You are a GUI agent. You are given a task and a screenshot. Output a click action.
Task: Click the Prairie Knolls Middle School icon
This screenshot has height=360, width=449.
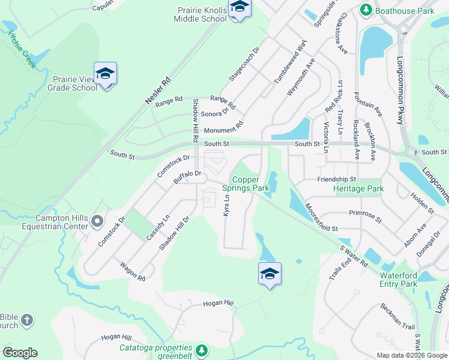(x=240, y=8)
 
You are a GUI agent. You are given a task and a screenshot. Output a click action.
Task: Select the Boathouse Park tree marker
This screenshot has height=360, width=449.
(x=365, y=10)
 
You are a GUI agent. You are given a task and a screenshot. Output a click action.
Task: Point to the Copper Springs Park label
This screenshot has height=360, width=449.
(x=251, y=184)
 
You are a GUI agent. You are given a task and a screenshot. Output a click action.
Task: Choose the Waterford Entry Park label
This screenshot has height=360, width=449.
(x=399, y=280)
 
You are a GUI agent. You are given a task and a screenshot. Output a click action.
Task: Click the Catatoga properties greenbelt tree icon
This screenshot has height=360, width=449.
(x=202, y=349)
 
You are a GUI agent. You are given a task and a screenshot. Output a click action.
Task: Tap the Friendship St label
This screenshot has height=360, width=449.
(x=336, y=179)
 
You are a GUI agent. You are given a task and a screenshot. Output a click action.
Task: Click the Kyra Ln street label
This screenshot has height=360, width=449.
(x=227, y=205)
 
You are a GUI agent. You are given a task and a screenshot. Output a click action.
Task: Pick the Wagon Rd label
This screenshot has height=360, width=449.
(x=133, y=271)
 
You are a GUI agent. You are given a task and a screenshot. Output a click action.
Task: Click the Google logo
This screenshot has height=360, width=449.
(x=20, y=353)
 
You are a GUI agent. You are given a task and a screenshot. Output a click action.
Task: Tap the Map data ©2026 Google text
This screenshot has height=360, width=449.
(x=412, y=355)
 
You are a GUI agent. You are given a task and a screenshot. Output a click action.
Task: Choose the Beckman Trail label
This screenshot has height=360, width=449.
(x=397, y=316)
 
